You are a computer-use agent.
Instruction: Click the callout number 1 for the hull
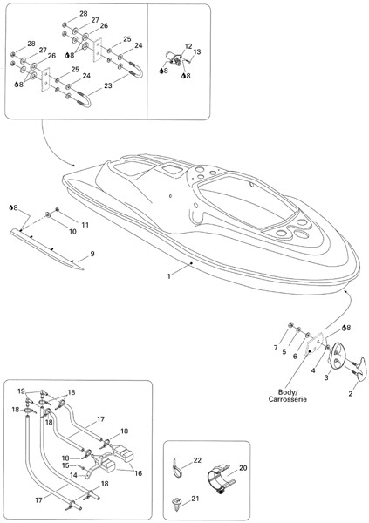click(x=168, y=276)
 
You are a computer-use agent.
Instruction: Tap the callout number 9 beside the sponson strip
click(x=92, y=254)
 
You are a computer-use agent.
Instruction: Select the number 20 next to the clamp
click(x=243, y=468)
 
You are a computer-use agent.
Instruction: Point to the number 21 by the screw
click(x=195, y=499)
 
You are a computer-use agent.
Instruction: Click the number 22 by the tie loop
click(x=197, y=460)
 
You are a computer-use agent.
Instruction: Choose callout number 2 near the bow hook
click(x=351, y=394)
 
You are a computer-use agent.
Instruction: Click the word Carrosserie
click(x=288, y=399)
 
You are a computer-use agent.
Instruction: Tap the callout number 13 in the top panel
click(x=197, y=51)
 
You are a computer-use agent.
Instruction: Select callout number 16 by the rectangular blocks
click(x=138, y=473)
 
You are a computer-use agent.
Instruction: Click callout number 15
click(x=65, y=465)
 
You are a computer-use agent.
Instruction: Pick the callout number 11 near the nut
click(x=85, y=225)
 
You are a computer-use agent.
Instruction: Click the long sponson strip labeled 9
click(x=47, y=249)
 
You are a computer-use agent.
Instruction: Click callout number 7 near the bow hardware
click(x=276, y=348)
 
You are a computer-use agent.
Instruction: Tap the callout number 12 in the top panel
click(x=188, y=45)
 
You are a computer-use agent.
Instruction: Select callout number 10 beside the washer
click(x=72, y=231)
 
